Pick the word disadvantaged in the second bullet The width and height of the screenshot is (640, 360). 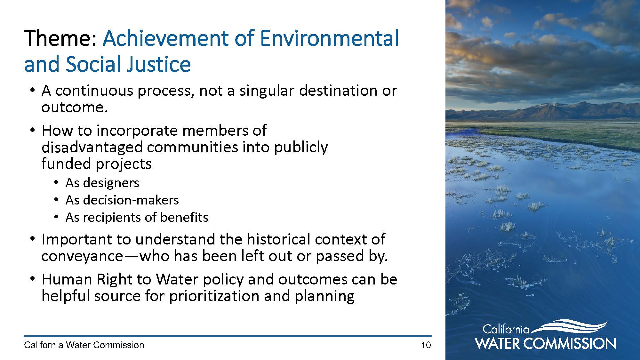pos(92,147)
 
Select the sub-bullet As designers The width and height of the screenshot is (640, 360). pos(102,183)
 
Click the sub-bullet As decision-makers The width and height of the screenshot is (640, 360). pos(122,200)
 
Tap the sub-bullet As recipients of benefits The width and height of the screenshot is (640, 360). pos(137,218)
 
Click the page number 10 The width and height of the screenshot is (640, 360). pos(426,345)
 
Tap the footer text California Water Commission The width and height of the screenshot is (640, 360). pos(84,345)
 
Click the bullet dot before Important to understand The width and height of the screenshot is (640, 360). pos(32,239)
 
